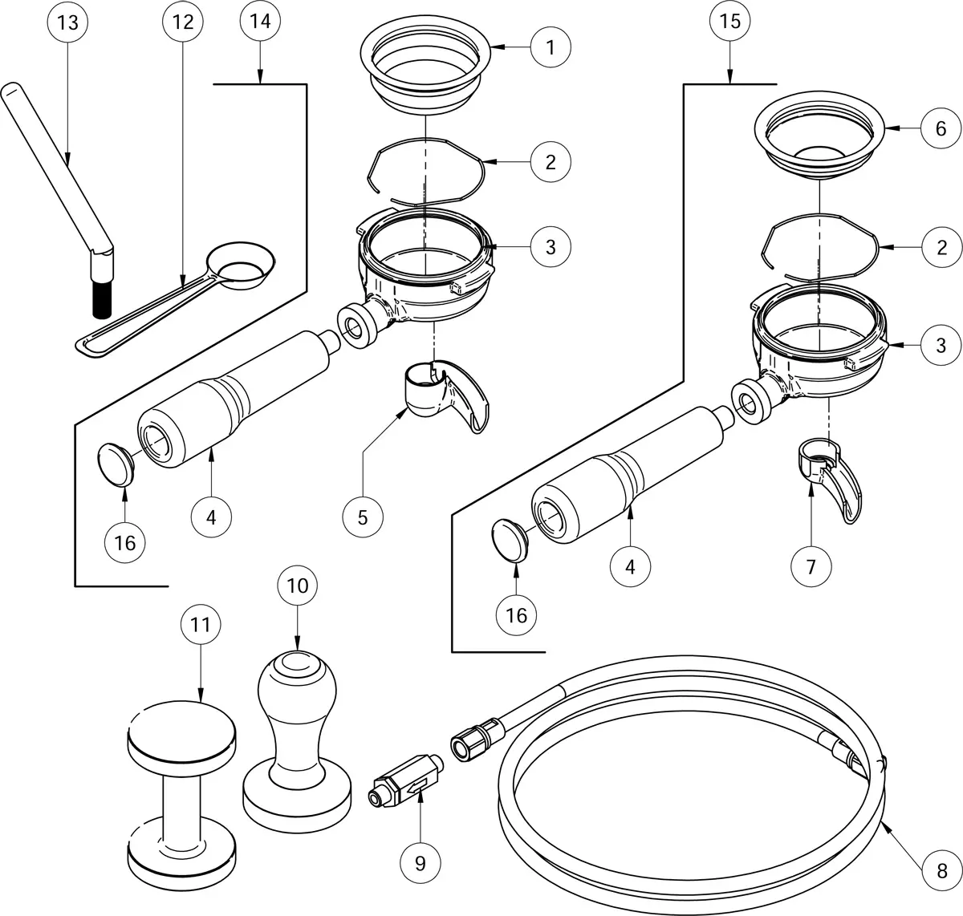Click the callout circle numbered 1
[x=551, y=47]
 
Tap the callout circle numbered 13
[x=68, y=22]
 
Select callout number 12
[x=183, y=22]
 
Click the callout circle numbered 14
[x=260, y=22]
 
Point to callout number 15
[x=729, y=22]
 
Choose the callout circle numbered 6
[x=941, y=128]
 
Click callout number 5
[x=363, y=517]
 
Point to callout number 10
[x=297, y=586]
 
